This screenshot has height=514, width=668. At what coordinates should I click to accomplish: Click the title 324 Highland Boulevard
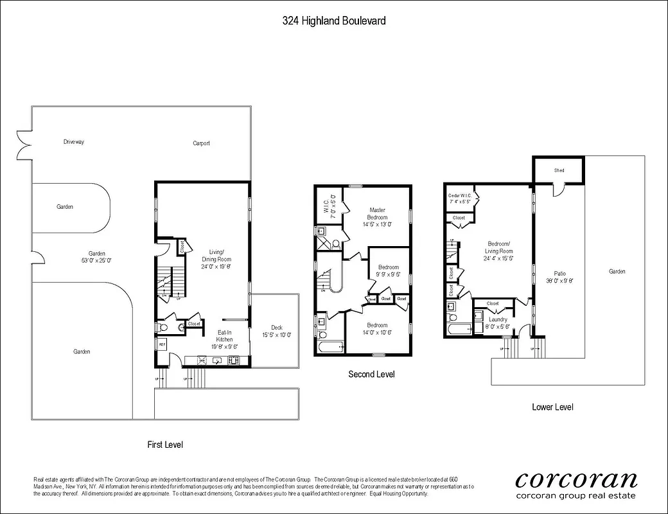(x=334, y=21)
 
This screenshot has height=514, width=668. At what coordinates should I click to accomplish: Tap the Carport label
(x=201, y=143)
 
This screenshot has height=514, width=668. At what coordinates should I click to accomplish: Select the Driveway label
(x=75, y=141)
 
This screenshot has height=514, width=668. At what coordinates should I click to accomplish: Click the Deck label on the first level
(x=276, y=331)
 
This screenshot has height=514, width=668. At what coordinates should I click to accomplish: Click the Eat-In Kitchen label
(x=224, y=339)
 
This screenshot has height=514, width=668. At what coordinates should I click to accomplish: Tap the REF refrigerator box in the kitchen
(x=162, y=344)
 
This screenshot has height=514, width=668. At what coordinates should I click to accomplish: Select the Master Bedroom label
(x=377, y=217)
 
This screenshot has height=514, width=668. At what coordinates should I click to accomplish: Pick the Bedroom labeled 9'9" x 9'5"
(x=388, y=270)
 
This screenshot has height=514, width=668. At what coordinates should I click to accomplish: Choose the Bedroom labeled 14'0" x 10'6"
(x=377, y=328)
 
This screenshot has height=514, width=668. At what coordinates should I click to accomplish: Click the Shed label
(x=559, y=170)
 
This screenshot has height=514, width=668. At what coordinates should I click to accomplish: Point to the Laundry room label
(x=498, y=323)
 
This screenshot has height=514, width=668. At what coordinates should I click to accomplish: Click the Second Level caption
(x=371, y=374)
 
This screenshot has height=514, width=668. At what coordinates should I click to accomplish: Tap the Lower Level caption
(x=552, y=407)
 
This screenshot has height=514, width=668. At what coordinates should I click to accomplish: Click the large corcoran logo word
(x=576, y=479)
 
